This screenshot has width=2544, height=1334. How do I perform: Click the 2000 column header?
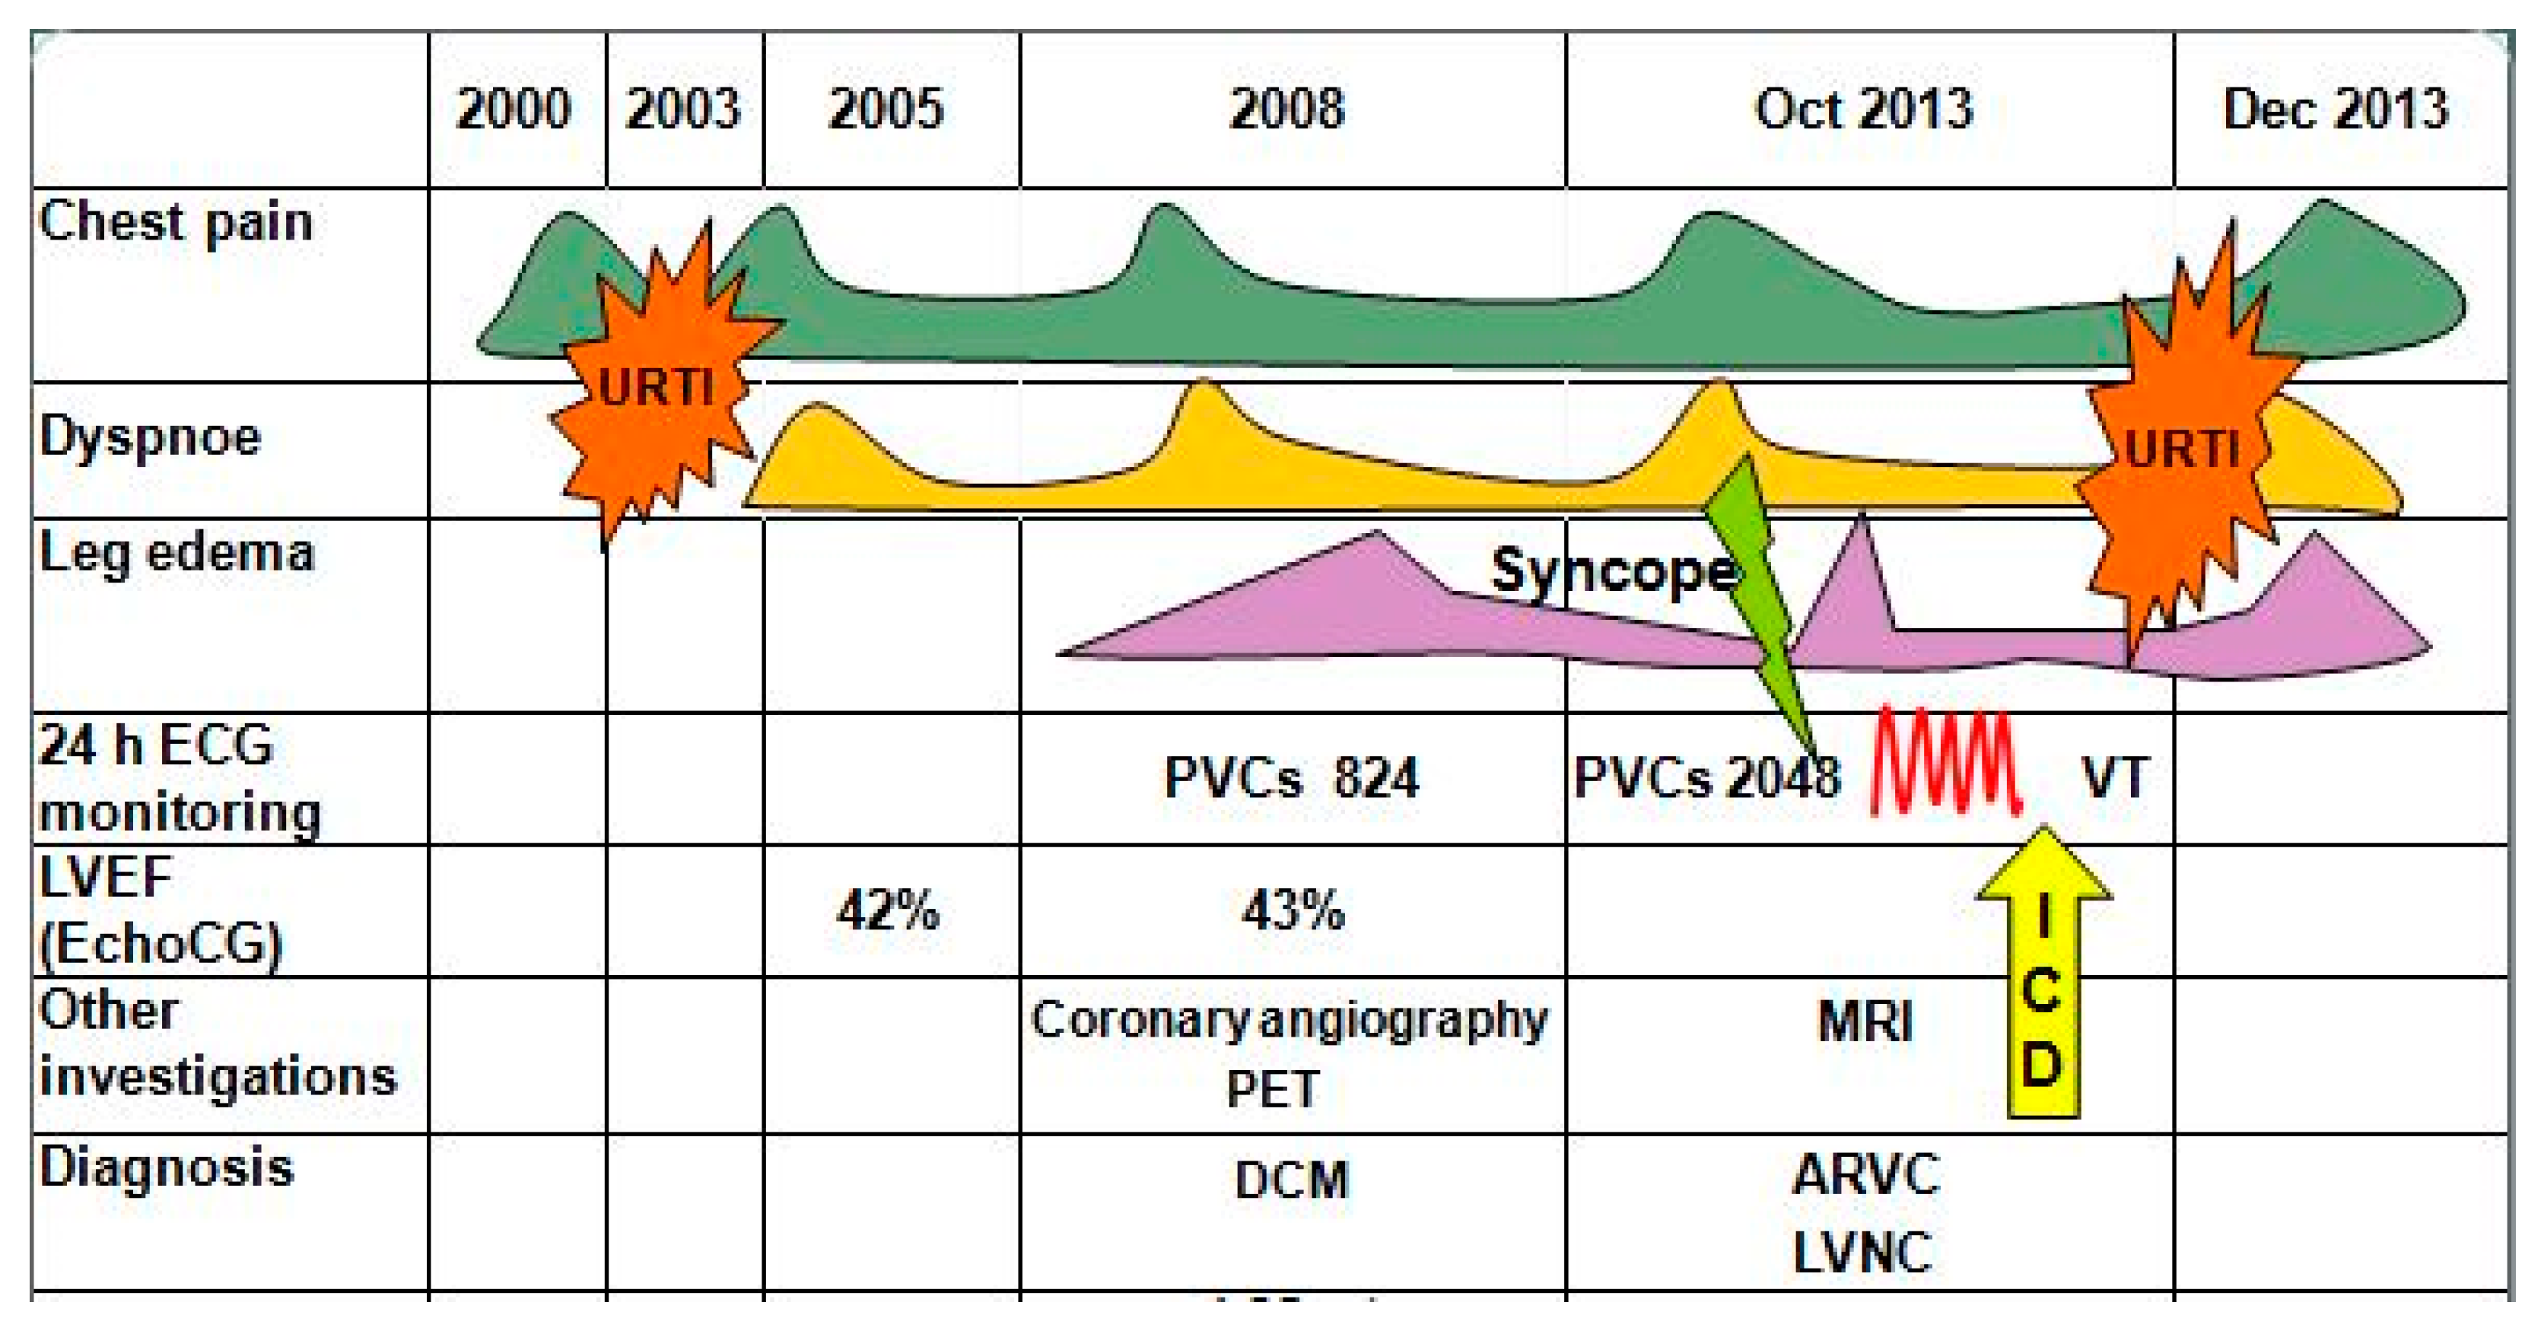pos(514,109)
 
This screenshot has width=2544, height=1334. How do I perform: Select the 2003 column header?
pos(683,109)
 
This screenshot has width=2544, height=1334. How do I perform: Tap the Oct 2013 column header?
pos(1864,109)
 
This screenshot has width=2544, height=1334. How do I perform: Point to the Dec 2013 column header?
pos(2336,109)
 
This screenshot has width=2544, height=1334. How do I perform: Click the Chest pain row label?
pos(176,221)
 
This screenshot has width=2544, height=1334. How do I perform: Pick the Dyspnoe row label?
pos(150,436)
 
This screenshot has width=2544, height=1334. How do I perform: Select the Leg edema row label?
pos(176,553)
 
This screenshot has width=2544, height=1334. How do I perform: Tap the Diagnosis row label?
pos(166,1167)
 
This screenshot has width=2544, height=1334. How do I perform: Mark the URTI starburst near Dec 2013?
pos(2182,449)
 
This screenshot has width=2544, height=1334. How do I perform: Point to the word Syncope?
pos(1612,570)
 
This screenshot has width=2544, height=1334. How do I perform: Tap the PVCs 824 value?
pos(1291,778)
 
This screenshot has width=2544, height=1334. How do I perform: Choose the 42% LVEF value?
pos(888,910)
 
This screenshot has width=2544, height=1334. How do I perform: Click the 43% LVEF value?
pos(1293,910)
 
